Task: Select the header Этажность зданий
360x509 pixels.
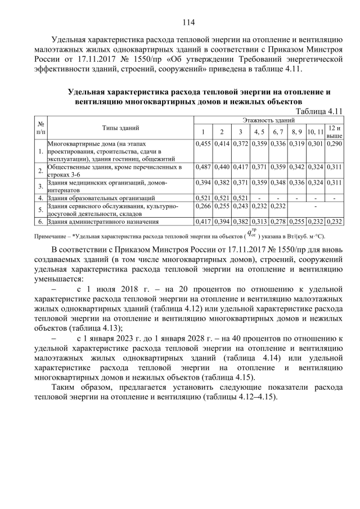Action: click(x=269, y=120)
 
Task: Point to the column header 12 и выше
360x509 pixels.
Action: click(x=335, y=132)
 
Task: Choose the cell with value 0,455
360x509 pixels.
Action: click(x=203, y=144)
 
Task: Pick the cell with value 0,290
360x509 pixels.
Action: click(x=334, y=144)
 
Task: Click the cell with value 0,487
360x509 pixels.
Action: click(x=203, y=167)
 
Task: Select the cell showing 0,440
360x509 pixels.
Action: click(x=222, y=167)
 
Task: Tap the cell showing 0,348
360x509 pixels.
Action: click(x=277, y=183)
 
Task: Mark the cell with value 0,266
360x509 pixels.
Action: click(x=203, y=206)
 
